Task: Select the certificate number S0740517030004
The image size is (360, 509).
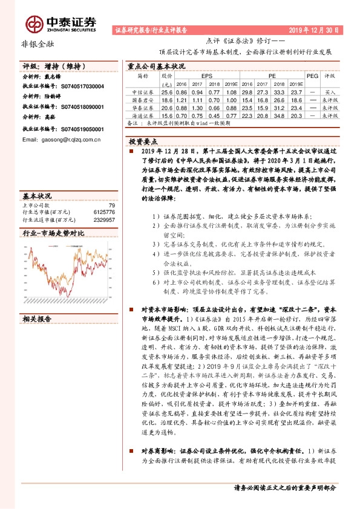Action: pyautogui.click(x=78, y=86)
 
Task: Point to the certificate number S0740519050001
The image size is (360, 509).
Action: pyautogui.click(x=78, y=129)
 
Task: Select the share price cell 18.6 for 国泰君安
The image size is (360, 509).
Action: pyautogui.click(x=168, y=99)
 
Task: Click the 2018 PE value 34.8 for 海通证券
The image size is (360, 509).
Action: pyautogui.click(x=280, y=115)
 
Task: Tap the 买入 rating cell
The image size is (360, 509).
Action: pyautogui.click(x=330, y=91)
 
